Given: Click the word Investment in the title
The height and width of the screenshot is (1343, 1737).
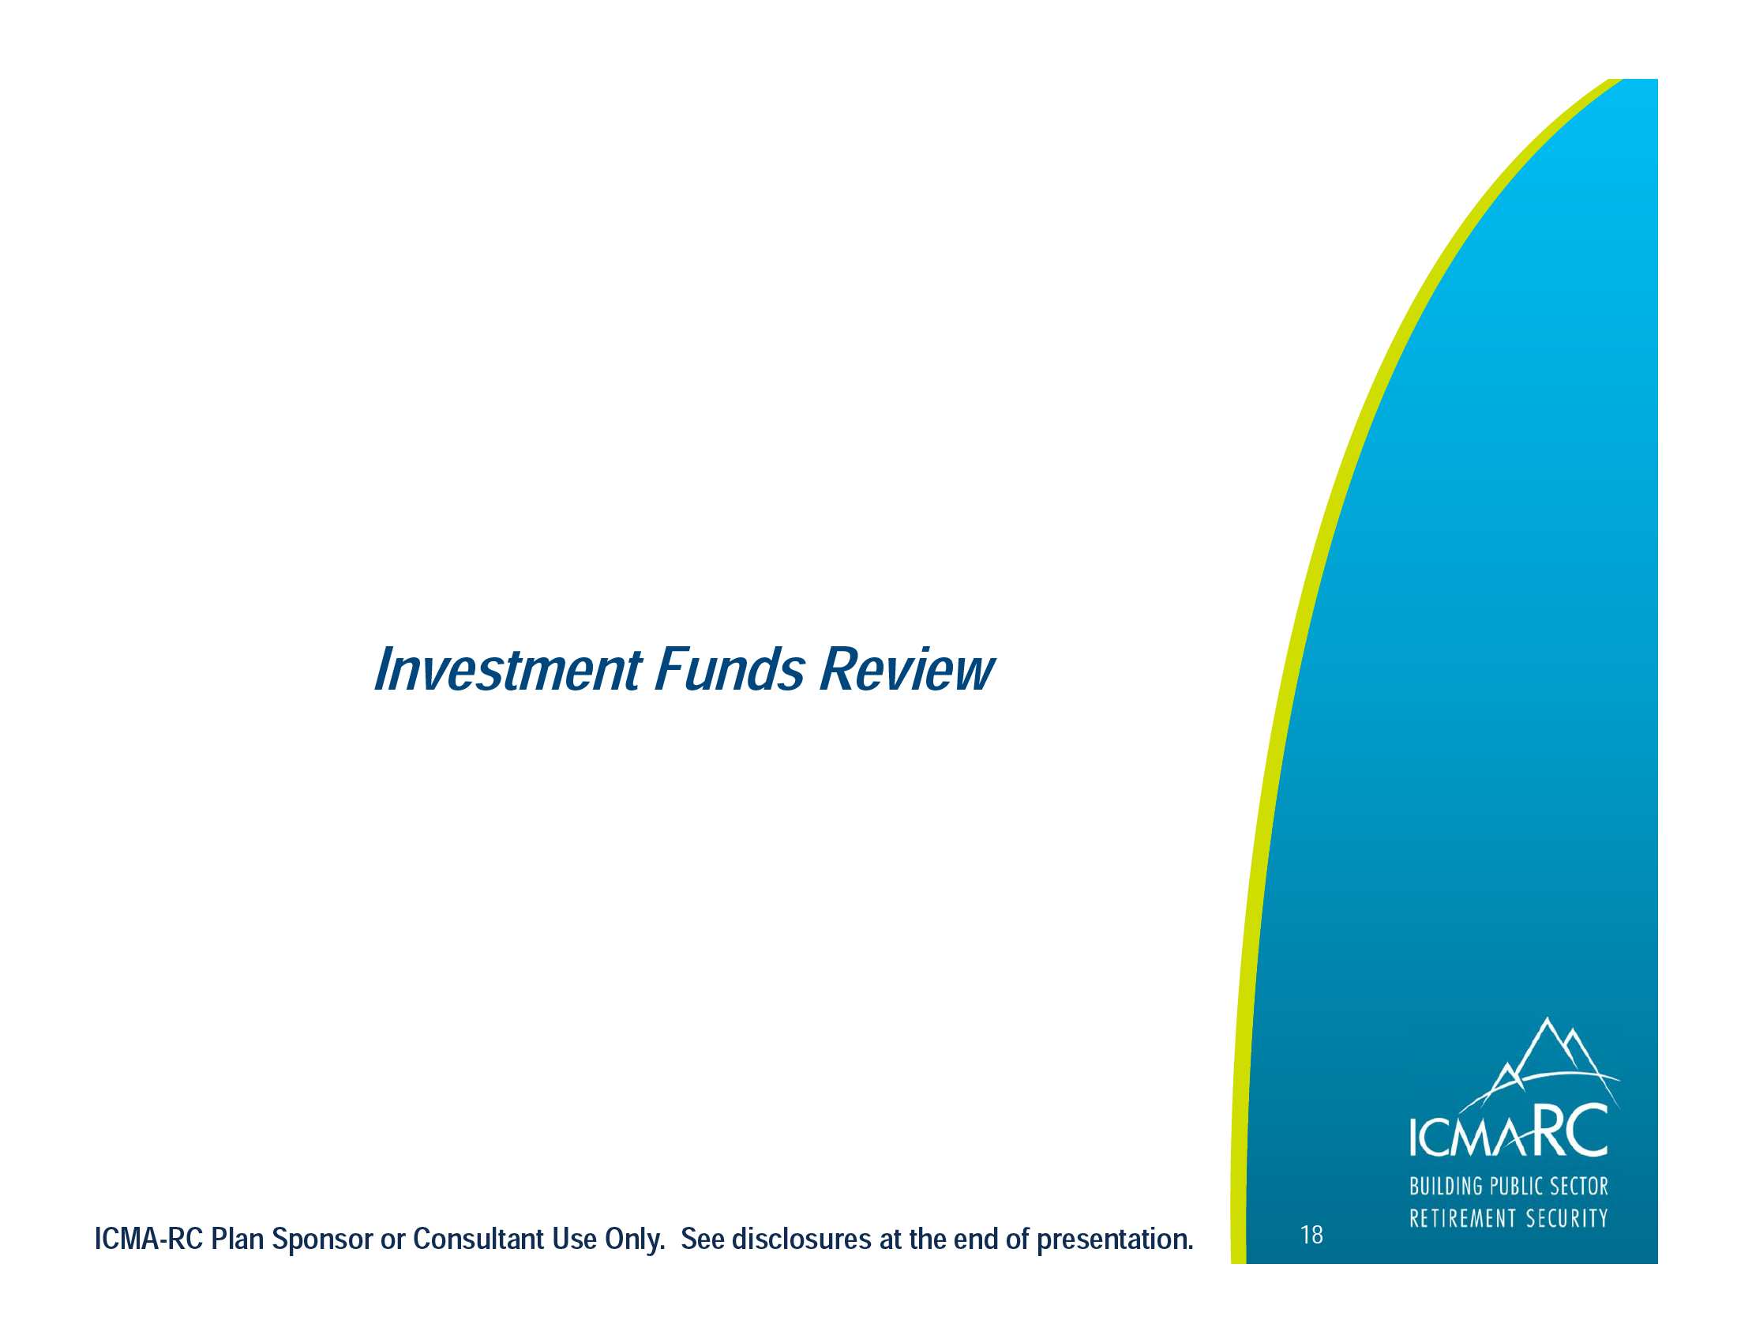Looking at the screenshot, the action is click(x=508, y=670).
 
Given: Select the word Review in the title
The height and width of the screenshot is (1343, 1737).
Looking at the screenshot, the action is click(x=906, y=670).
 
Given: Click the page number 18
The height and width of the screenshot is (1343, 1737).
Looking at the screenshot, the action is click(x=1311, y=1235).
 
